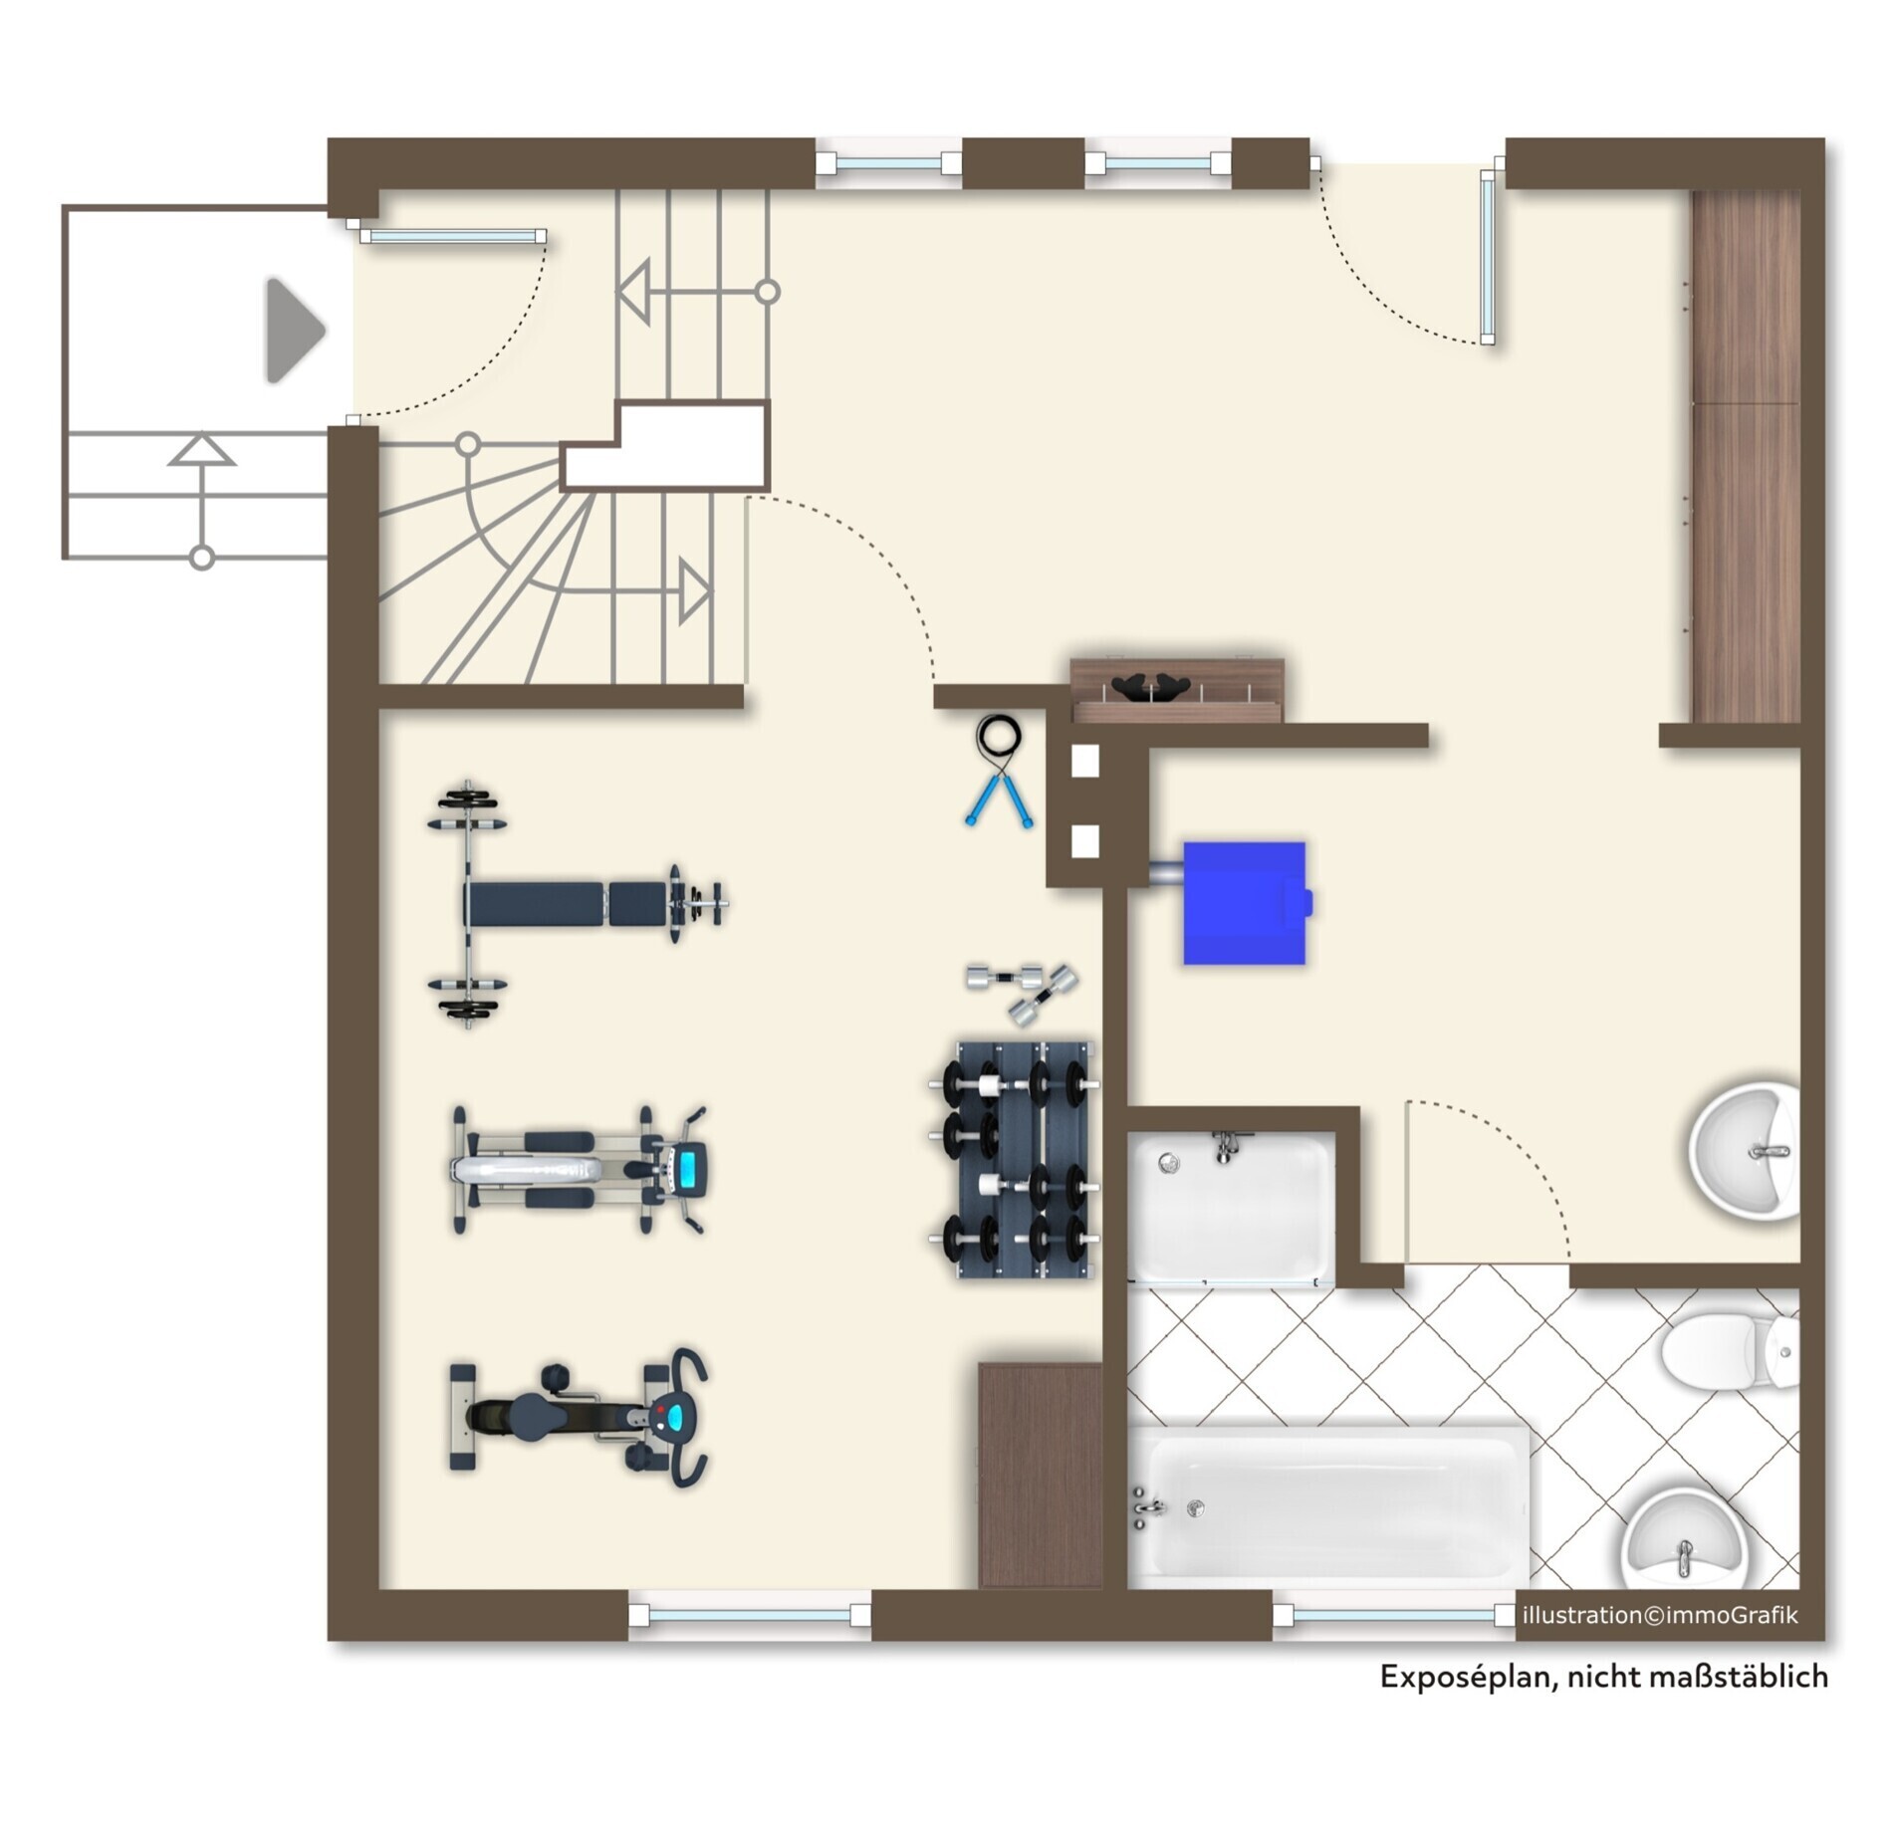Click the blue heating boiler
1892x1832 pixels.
[x=1244, y=903]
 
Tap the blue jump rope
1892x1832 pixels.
[x=998, y=772]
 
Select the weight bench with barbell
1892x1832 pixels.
[x=578, y=904]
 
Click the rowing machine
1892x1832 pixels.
[x=580, y=1169]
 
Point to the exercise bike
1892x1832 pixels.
[x=580, y=1418]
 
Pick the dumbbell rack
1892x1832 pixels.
[x=1014, y=1160]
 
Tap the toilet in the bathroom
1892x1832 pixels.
[x=1731, y=1352]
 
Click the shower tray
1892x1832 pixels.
[x=1231, y=1208]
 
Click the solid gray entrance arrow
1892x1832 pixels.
[x=295, y=332]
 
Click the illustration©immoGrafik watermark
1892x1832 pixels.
[x=1660, y=1615]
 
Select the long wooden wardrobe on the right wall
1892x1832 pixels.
[x=1747, y=456]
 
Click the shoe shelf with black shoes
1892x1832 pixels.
[x=1177, y=689]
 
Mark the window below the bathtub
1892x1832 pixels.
[x=1392, y=1614]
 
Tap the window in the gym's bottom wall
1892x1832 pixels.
[x=750, y=1614]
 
